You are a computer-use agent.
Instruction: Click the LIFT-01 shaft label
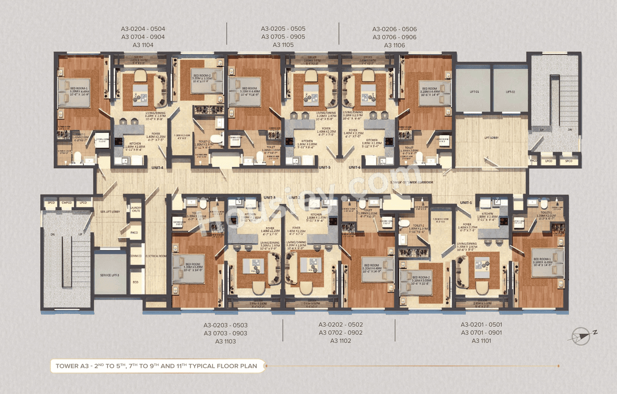(x=474, y=91)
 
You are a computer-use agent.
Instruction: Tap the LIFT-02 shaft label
(x=510, y=91)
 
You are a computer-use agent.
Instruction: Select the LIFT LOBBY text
(x=491, y=138)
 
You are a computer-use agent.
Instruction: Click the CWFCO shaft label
(x=67, y=203)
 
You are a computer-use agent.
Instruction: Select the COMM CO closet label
(x=136, y=256)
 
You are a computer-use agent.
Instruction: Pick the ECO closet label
(x=136, y=283)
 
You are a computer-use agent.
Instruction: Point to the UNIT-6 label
(x=355, y=167)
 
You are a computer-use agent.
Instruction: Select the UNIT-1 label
(x=466, y=202)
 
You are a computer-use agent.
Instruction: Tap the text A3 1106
(x=394, y=45)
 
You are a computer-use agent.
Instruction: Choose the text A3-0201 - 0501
(x=481, y=325)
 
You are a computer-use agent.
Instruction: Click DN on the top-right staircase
(x=571, y=130)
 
